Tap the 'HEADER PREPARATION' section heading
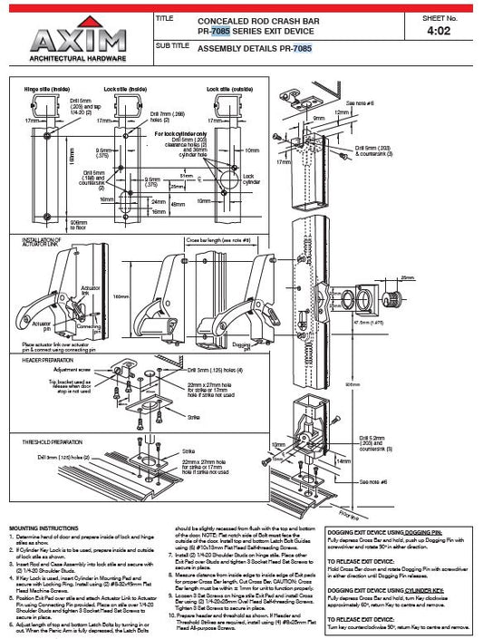pos(45,361)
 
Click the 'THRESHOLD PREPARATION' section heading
pos(51,441)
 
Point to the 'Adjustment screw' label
pos(72,370)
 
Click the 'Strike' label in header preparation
pos(193,417)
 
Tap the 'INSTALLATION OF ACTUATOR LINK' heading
pos(44,237)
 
